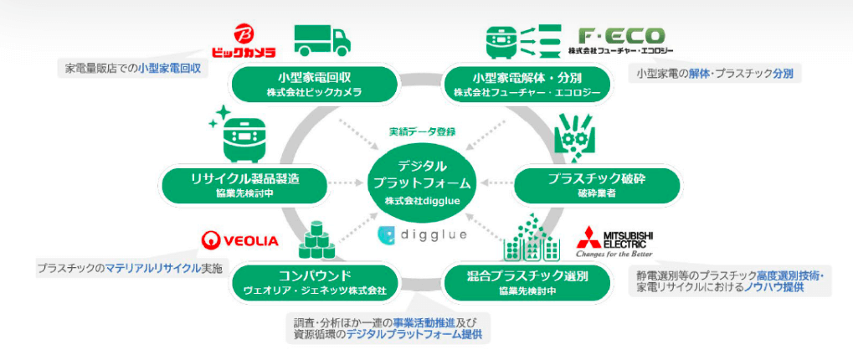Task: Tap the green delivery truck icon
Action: coord(321,40)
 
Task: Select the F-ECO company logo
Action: coord(621,39)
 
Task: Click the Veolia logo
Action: coord(239,240)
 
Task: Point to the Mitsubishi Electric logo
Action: coord(614,240)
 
